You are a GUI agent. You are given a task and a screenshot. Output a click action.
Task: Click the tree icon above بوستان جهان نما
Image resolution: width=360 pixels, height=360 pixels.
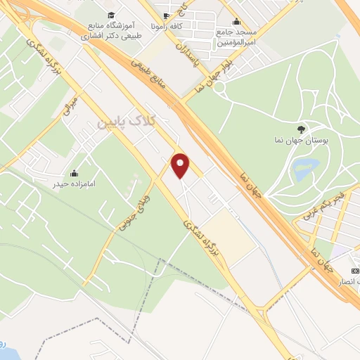pyautogui.click(x=301, y=129)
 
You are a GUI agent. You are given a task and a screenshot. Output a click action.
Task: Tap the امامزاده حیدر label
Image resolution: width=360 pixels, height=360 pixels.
pyautogui.click(x=74, y=184)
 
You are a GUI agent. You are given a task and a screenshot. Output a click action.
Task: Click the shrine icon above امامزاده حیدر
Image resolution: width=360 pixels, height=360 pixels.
pyautogui.click(x=74, y=172)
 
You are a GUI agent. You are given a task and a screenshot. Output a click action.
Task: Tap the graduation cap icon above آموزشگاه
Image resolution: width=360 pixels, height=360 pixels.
pyautogui.click(x=110, y=15)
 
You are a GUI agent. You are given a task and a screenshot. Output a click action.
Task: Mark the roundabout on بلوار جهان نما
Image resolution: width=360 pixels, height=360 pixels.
pyautogui.click(x=219, y=87)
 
